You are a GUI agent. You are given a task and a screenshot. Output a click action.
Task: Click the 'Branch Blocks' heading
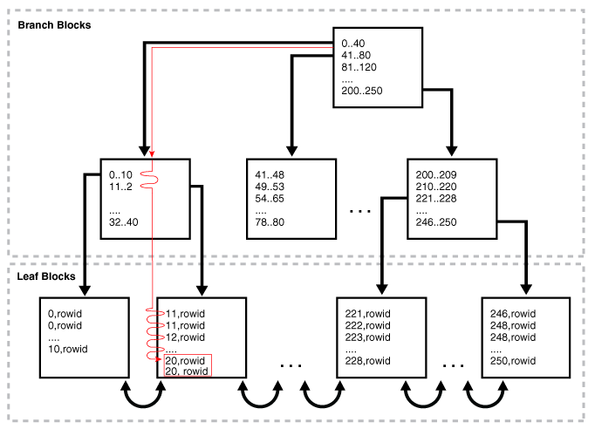[54, 25]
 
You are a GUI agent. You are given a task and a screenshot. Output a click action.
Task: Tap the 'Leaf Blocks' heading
[46, 276]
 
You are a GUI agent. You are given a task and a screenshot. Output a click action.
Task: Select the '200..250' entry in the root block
[362, 91]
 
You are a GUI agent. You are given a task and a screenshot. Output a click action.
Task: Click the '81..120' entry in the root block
[359, 67]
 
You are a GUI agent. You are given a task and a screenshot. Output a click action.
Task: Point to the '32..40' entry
[123, 221]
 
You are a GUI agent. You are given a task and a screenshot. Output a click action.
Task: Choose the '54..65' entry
[270, 199]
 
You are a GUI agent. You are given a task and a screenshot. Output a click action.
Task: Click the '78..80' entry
[270, 221]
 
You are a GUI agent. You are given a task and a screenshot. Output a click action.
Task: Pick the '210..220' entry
[436, 187]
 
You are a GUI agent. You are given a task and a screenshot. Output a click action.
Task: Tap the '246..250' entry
[436, 221]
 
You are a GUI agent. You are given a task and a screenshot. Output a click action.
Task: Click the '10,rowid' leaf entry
[67, 349]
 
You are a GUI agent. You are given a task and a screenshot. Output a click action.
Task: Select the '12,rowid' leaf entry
[185, 337]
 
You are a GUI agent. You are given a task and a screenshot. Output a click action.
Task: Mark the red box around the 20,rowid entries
[188, 355]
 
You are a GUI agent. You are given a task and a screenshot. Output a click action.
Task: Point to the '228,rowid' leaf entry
[367, 360]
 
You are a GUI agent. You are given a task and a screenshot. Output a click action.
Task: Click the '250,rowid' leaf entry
[513, 360]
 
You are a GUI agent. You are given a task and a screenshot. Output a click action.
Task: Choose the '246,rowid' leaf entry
[513, 314]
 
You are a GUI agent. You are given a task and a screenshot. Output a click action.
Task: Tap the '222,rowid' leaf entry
[367, 325]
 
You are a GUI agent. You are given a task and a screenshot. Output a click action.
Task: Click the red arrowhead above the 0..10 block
[152, 154]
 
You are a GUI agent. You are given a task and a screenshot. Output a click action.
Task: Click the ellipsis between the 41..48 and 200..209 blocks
[359, 211]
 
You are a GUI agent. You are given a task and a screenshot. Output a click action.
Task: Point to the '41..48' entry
[270, 175]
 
